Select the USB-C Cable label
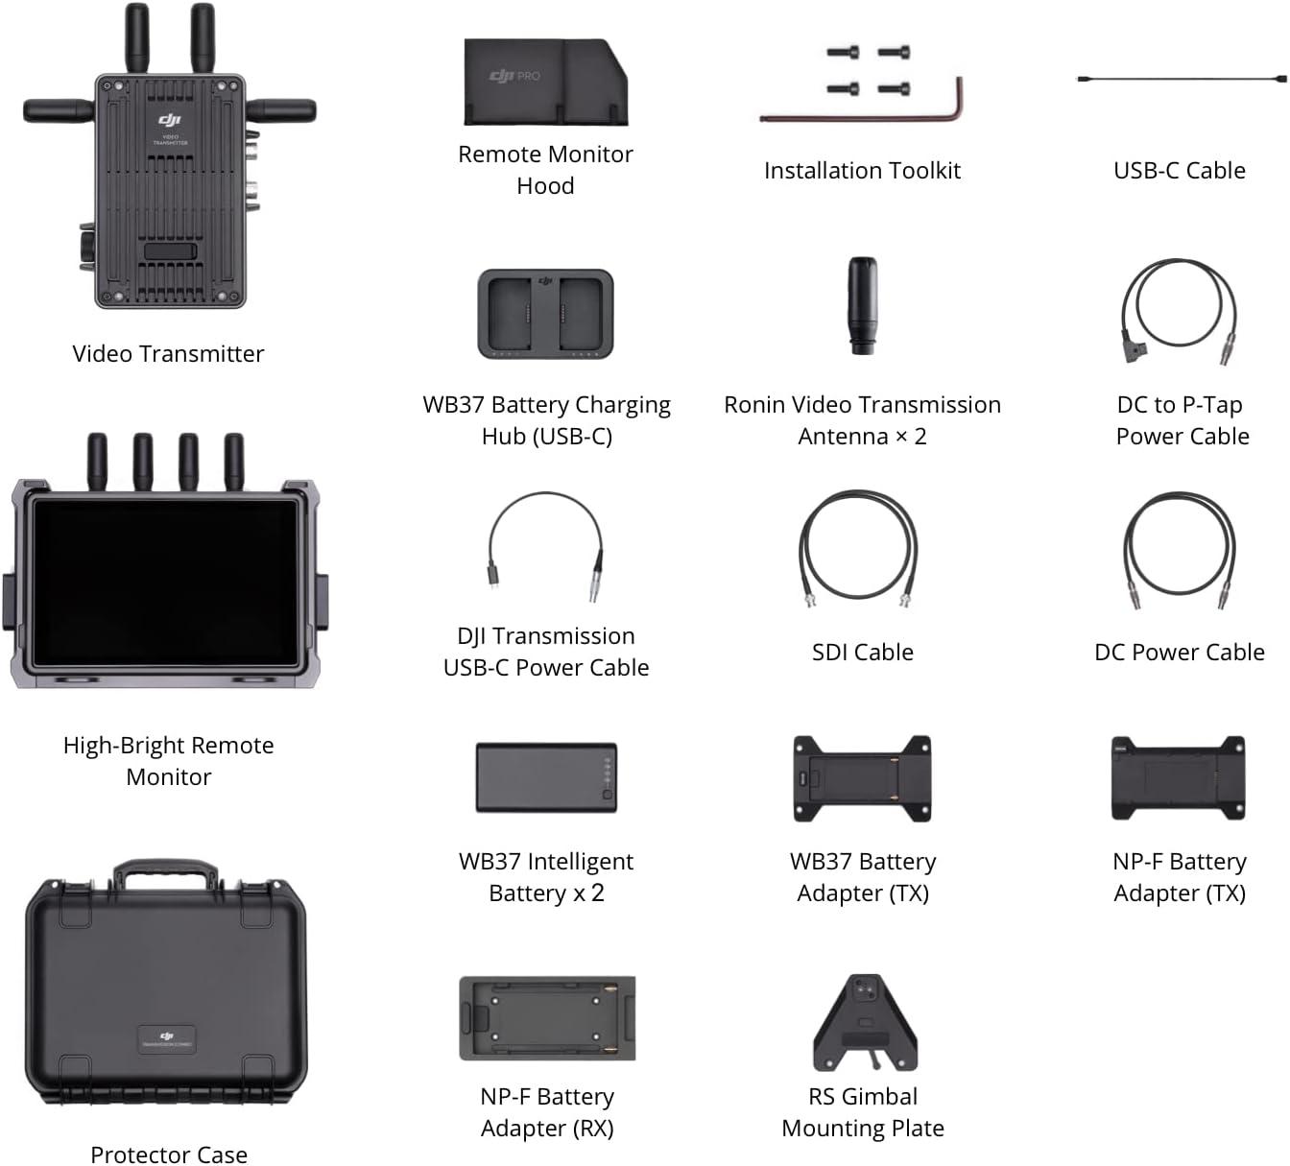click(x=1179, y=171)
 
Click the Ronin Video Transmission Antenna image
click(x=861, y=305)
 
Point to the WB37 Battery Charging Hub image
click(x=545, y=314)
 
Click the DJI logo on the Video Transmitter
click(x=169, y=120)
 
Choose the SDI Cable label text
click(x=862, y=653)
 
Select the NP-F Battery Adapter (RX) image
click(x=547, y=1019)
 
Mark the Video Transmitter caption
click(x=168, y=354)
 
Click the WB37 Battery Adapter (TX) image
click(x=862, y=778)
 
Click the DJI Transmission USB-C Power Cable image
click(x=545, y=547)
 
